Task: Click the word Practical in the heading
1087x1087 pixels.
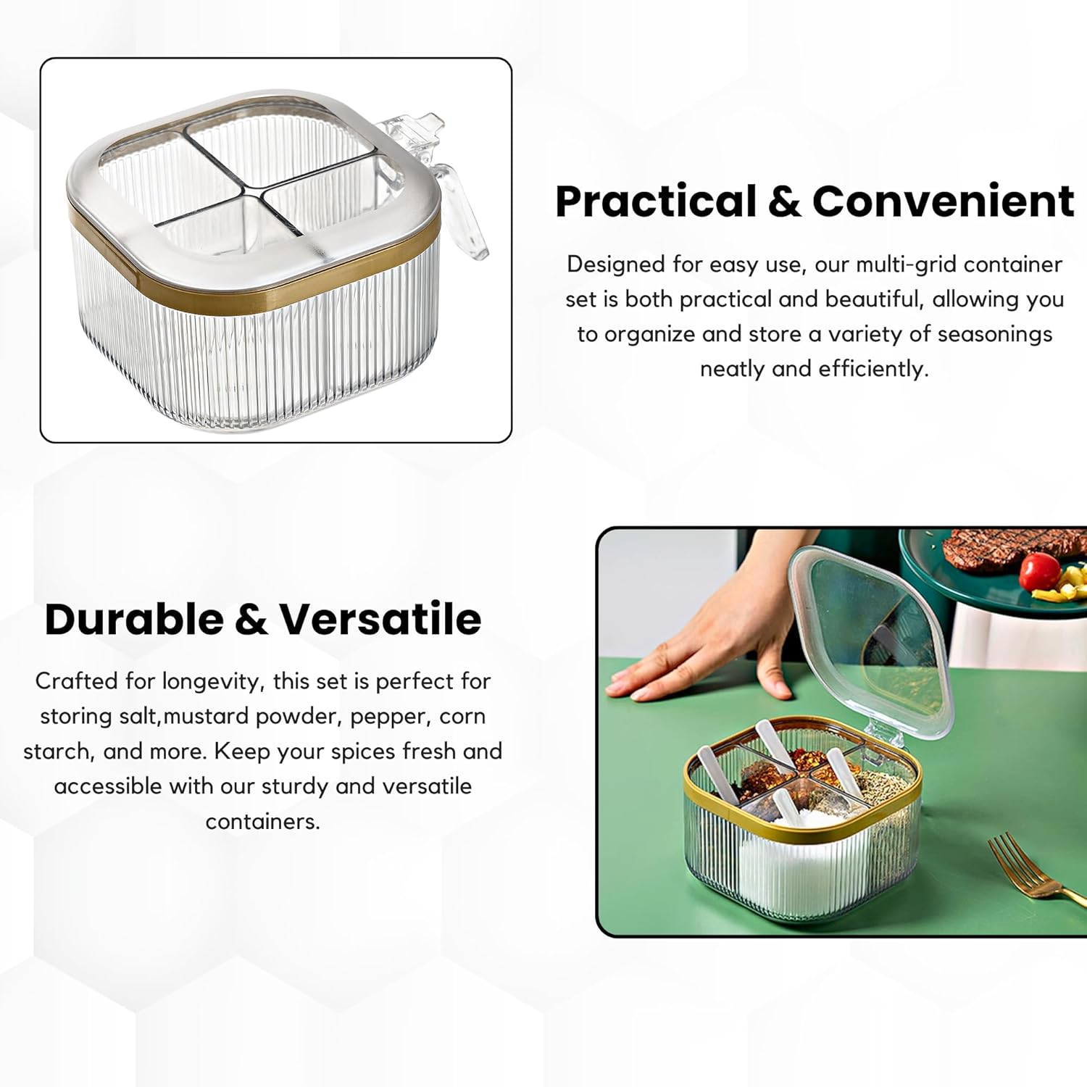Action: coord(655,201)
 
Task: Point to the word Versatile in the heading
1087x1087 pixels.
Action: coord(380,619)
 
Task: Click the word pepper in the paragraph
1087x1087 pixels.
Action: coord(390,717)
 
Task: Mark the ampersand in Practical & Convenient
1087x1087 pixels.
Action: coord(783,201)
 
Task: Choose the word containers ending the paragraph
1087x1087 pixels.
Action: coord(262,822)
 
